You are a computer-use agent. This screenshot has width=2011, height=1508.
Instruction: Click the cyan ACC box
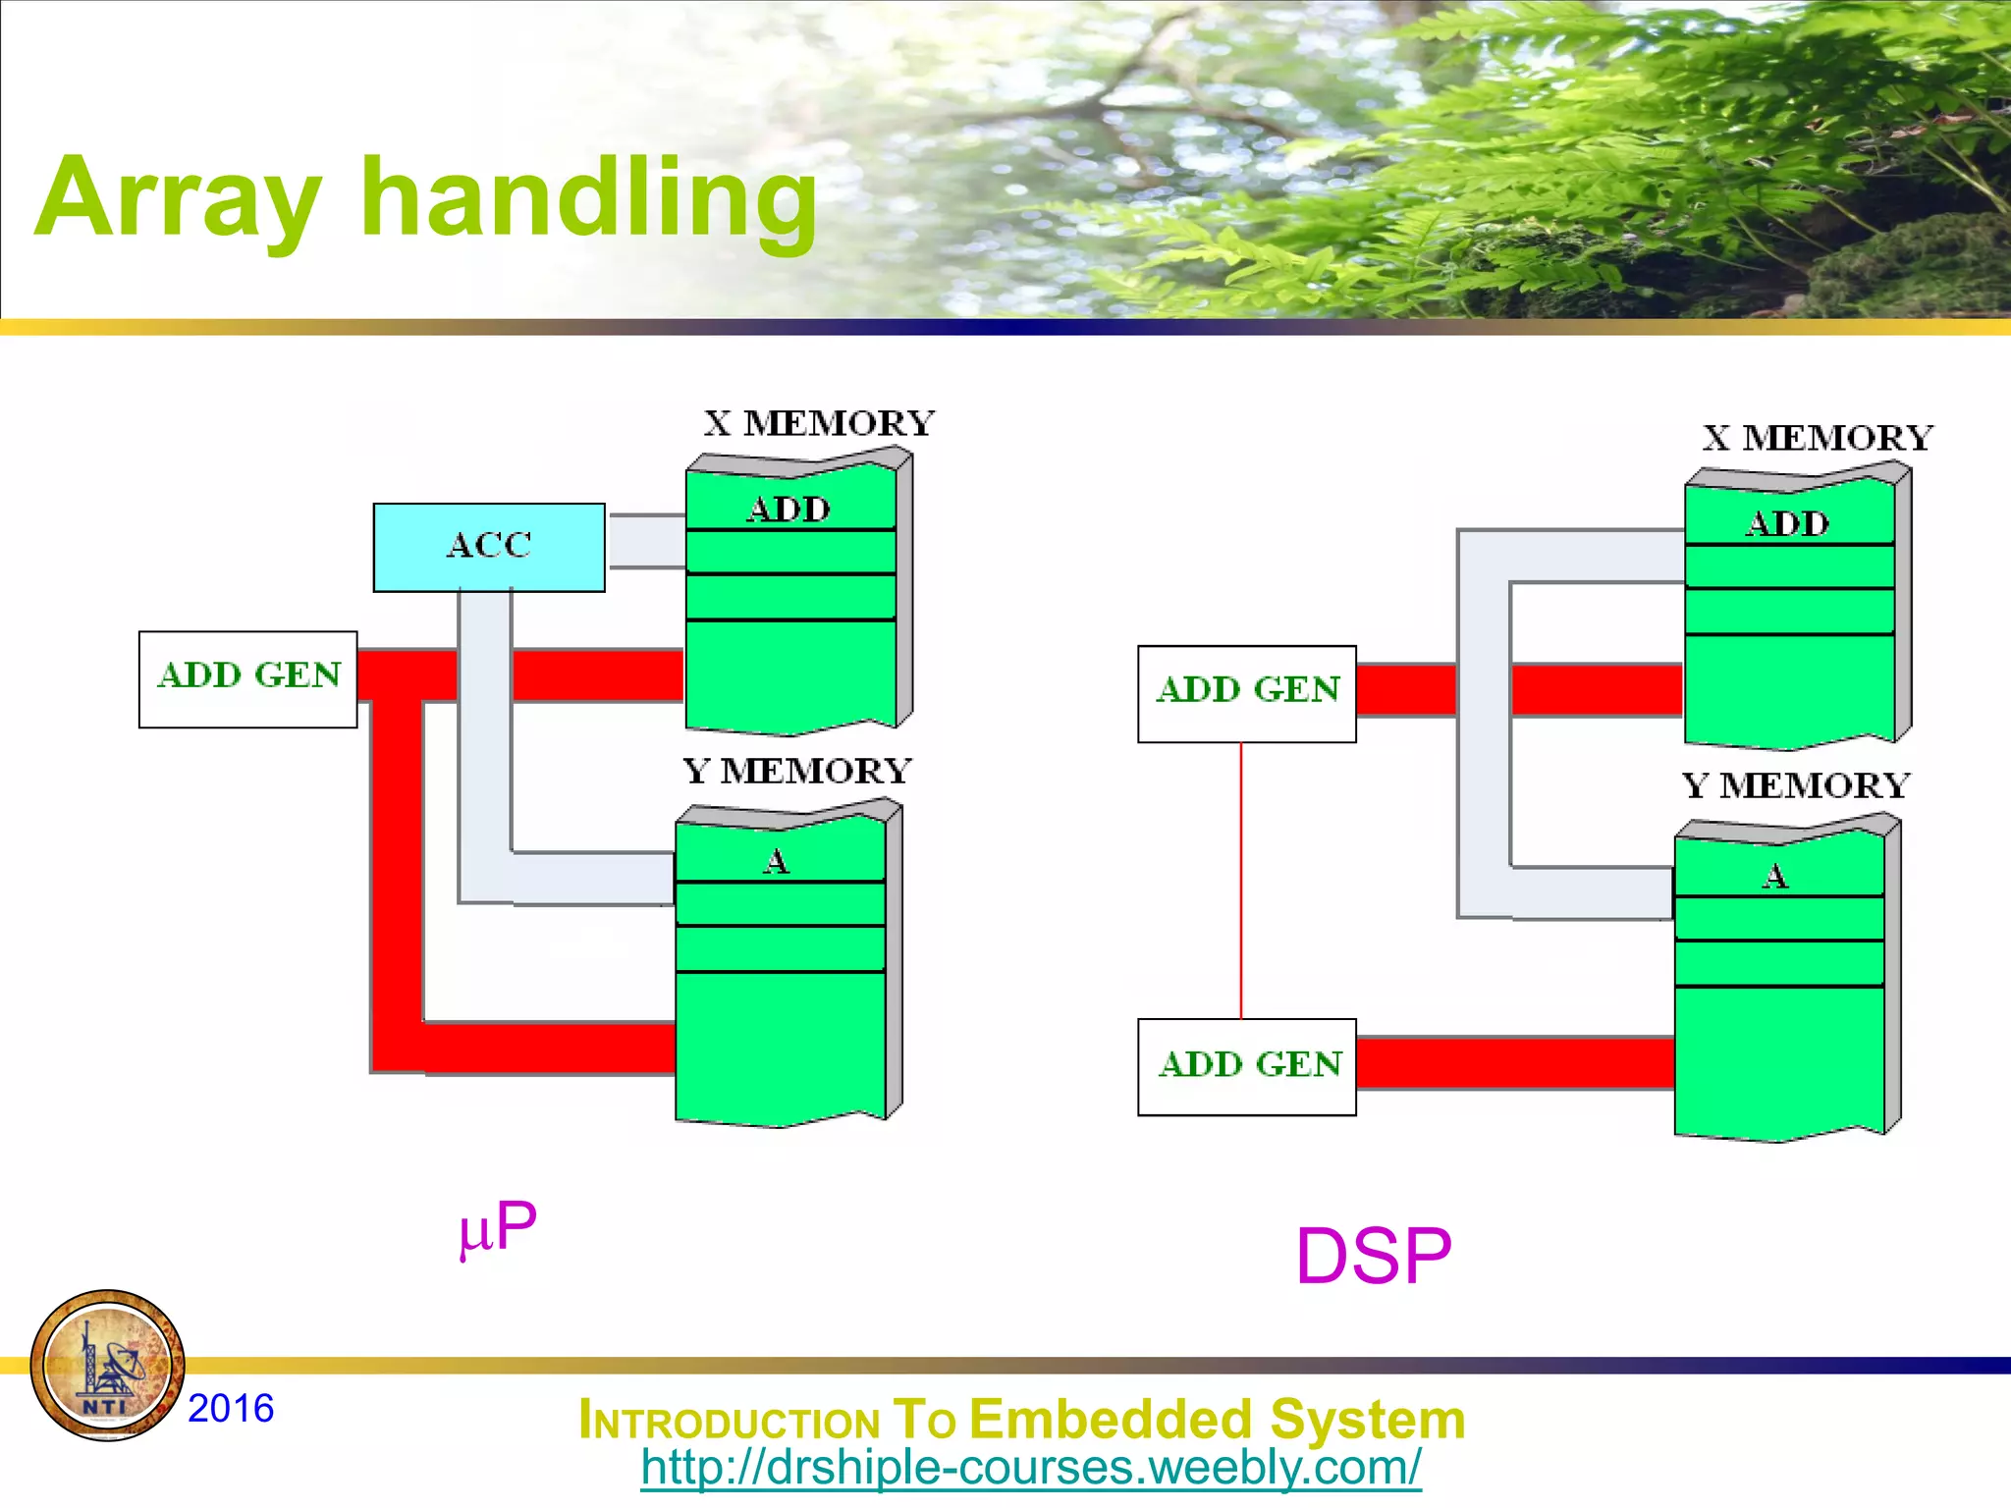pyautogui.click(x=489, y=547)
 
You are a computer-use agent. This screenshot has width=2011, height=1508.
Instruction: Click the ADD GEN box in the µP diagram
pyautogui.click(x=248, y=678)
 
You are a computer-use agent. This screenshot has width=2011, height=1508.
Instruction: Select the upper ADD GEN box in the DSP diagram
pyautogui.click(x=1247, y=693)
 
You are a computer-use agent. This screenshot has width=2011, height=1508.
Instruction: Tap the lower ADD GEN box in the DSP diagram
pyautogui.click(x=1247, y=1066)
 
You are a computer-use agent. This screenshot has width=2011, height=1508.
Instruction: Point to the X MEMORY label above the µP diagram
pyautogui.click(x=819, y=424)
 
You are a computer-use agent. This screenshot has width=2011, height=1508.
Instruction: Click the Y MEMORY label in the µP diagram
pyautogui.click(x=797, y=772)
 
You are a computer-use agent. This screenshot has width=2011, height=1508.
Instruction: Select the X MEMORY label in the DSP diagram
pyautogui.click(x=1818, y=438)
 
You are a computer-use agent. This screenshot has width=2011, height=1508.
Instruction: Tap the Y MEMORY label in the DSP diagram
pyautogui.click(x=1796, y=786)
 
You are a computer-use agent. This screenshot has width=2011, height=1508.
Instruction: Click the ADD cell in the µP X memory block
pyautogui.click(x=789, y=509)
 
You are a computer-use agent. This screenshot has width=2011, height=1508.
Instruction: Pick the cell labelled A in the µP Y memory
pyautogui.click(x=778, y=861)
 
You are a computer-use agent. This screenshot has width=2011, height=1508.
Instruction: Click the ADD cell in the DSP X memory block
pyautogui.click(x=1788, y=523)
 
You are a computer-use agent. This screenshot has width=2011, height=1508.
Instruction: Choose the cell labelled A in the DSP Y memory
pyautogui.click(x=1776, y=875)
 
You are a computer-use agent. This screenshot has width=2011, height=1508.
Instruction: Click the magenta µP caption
pyautogui.click(x=499, y=1227)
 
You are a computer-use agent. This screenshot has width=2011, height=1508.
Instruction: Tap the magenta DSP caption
pyautogui.click(x=1373, y=1256)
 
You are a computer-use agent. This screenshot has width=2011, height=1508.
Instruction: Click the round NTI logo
pyautogui.click(x=108, y=1366)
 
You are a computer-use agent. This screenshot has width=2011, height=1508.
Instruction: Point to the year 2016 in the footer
pyautogui.click(x=231, y=1408)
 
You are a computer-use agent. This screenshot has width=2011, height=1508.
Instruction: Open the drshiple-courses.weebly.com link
pyautogui.click(x=1030, y=1468)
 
